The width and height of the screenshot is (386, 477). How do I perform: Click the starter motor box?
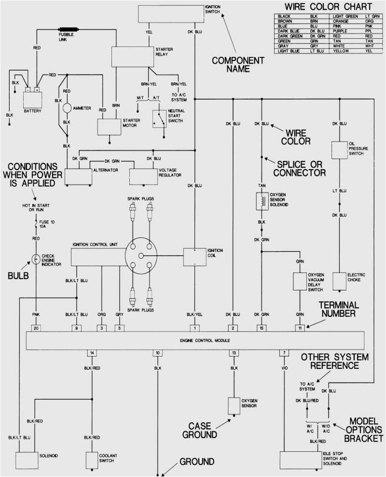109,126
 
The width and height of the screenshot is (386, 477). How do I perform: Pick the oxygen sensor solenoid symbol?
262,201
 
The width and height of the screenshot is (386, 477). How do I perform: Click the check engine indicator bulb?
36,259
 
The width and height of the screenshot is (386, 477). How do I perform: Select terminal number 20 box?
36,328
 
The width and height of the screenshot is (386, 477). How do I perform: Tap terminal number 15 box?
262,328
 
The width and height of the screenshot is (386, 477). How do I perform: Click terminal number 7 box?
285,353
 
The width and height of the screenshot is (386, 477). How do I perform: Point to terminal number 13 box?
234,353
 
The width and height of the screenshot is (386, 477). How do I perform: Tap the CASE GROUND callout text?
200,430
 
